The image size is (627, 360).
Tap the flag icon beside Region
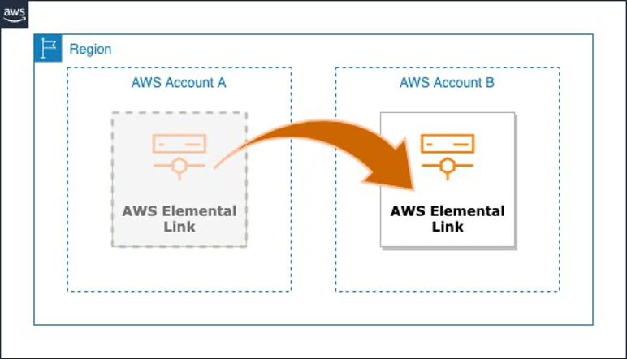coord(48,48)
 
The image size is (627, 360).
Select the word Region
coord(90,49)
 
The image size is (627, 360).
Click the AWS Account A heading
coord(179,83)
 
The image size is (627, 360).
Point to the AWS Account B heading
coord(447,83)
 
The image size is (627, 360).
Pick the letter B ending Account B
coord(490,83)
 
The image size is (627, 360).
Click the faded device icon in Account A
coord(179,154)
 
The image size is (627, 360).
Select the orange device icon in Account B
coord(447,154)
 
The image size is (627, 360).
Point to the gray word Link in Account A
coord(179,227)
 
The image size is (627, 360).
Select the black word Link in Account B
coord(448,227)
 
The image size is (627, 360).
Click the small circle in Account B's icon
coord(447,167)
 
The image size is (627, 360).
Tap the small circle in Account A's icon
coord(179,167)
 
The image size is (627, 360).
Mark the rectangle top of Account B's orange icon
coord(447,144)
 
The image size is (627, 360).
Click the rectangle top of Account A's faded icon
coord(179,144)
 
